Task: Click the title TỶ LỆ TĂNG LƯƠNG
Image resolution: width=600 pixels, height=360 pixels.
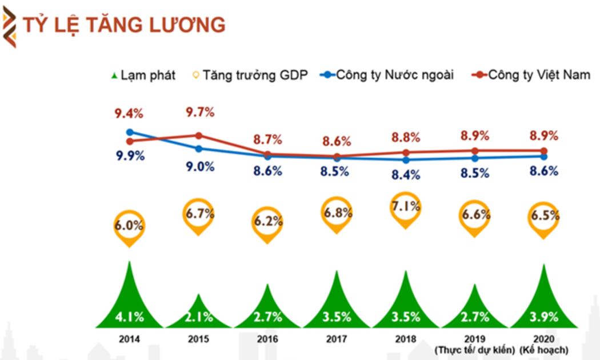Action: point(123,25)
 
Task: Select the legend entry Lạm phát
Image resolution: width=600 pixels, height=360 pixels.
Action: point(143,75)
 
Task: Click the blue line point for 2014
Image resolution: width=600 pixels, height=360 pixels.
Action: point(130,132)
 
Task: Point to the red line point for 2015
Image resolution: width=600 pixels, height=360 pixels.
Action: point(199,135)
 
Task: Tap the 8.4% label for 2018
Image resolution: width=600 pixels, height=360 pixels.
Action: point(406,175)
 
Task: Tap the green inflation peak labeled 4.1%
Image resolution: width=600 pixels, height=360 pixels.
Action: point(130,303)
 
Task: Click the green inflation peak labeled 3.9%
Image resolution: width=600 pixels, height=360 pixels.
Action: point(543,303)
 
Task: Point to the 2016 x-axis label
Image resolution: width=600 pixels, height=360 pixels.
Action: point(268,339)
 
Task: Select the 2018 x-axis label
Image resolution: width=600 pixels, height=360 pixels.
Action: point(406,339)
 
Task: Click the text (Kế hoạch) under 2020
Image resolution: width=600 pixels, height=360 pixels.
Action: point(543,349)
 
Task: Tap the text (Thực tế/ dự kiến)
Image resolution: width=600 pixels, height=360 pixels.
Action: point(474,349)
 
